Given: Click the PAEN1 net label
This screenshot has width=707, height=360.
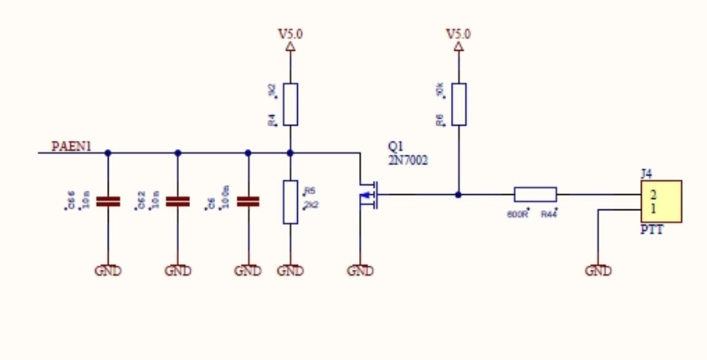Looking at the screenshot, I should click(x=72, y=147).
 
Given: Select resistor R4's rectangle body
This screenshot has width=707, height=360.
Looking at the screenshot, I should click(x=290, y=104).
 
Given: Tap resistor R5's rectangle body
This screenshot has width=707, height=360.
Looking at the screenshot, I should click(x=290, y=202).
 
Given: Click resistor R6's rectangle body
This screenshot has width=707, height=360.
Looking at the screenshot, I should click(x=458, y=104).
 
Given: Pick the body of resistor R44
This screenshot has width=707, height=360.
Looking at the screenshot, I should click(x=535, y=194).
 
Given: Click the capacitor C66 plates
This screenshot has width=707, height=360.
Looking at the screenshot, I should click(x=108, y=201).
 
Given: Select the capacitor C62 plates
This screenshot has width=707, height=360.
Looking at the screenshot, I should click(x=177, y=201).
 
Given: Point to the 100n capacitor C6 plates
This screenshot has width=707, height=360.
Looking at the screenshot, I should click(x=247, y=201).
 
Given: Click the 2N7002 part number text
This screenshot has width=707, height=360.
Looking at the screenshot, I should click(x=408, y=160).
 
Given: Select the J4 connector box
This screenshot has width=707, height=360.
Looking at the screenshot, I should click(x=660, y=202).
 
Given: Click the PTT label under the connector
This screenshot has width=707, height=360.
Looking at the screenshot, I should click(x=651, y=231).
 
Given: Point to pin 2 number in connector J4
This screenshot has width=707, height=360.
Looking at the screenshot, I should click(x=653, y=195).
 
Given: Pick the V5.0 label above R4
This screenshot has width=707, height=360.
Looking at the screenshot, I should click(x=290, y=35).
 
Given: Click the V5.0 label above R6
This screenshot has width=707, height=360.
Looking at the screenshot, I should click(x=458, y=35).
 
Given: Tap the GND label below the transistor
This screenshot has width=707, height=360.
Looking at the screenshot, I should click(x=360, y=271).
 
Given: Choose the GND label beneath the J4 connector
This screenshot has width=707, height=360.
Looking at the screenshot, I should click(x=598, y=271).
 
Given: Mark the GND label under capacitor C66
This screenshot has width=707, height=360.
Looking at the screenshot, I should click(x=108, y=271).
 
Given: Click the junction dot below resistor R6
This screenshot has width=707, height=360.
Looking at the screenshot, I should click(x=458, y=194).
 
